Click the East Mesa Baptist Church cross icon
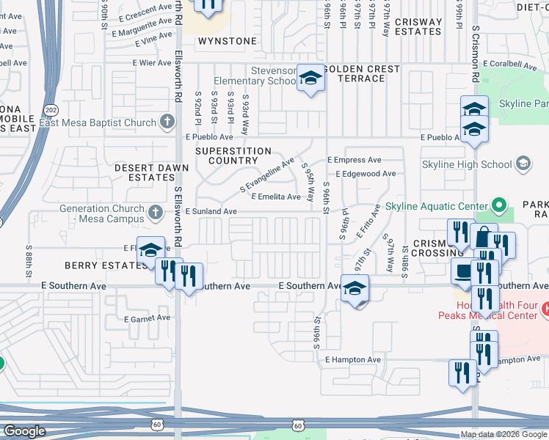point(167,121)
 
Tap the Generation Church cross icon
point(154,213)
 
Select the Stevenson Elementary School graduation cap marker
point(310,79)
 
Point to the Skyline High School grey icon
point(524,163)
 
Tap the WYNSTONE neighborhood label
point(228,41)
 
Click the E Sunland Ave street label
point(211,211)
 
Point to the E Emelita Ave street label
point(276,197)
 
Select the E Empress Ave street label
point(355,159)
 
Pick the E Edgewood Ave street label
point(365,174)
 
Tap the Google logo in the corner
point(24,431)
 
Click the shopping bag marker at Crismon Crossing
point(484,238)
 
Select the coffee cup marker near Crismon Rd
point(462,270)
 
